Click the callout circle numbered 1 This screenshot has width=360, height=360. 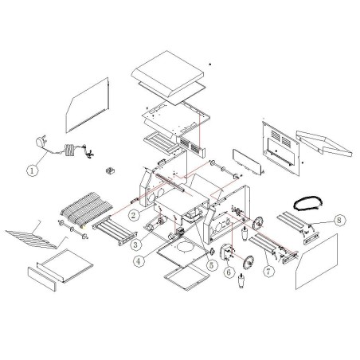click(33, 170)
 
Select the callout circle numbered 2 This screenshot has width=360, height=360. click(134, 215)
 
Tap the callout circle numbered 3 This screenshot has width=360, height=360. click(135, 245)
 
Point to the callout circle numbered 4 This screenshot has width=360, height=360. click(139, 261)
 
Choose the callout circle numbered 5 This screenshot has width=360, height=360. click(211, 265)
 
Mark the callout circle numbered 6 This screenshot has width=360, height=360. click(229, 272)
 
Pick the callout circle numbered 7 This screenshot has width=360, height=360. click(268, 271)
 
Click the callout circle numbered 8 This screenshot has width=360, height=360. click(338, 220)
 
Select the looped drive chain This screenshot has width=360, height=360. click(308, 202)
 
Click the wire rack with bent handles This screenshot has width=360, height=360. click(37, 235)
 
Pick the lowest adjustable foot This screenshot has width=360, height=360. click(241, 281)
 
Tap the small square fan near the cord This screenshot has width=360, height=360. click(109, 170)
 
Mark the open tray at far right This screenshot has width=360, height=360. click(324, 143)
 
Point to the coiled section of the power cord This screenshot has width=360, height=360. click(69, 150)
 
